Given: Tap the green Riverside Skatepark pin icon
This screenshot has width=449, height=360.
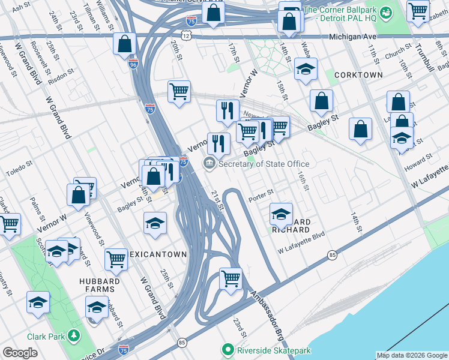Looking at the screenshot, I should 228,349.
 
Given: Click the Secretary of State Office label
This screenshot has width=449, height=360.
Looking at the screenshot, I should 264,164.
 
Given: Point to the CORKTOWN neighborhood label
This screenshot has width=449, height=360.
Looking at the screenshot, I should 358,75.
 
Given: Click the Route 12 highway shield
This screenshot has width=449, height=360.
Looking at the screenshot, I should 187,37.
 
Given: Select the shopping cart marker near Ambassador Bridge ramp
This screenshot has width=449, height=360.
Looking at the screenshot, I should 231,279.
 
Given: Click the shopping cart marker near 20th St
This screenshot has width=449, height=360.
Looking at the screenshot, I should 179,92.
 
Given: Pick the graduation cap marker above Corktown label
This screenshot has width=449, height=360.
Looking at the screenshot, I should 306,69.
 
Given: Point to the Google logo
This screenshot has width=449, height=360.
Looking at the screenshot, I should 20,352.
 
